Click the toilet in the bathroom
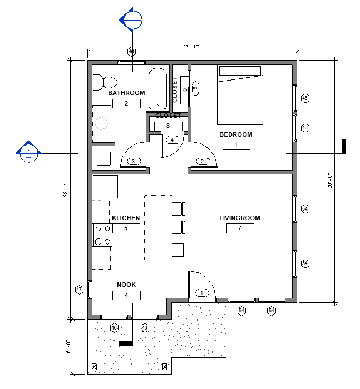105,82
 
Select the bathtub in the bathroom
157,88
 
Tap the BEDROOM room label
236,134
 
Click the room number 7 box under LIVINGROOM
240,228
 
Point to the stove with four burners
102,235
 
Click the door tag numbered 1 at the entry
202,293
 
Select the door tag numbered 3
134,162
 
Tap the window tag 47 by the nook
79,290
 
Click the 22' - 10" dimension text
191,47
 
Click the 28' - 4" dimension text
66,189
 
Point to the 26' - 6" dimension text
330,181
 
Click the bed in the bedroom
240,95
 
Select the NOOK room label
126,285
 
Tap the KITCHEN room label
126,218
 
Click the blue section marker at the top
131,19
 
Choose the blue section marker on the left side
28,152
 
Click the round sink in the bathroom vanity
101,123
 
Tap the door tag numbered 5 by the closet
195,88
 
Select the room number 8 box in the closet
168,126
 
